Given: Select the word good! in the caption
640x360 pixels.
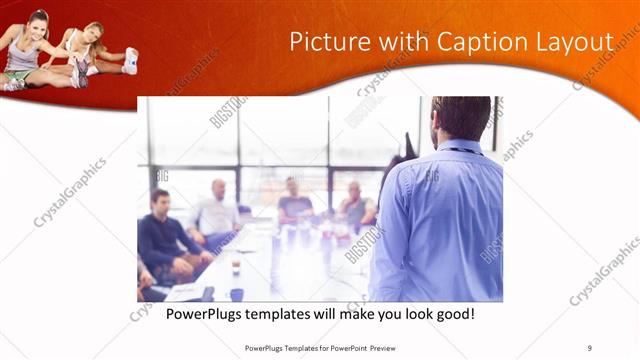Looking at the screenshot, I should point(453,314).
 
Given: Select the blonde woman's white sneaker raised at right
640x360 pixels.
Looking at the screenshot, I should point(131,60).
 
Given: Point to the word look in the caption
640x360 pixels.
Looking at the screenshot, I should point(405,314).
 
